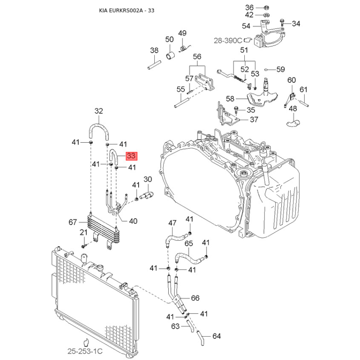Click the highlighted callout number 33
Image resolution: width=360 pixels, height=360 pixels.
coord(131,156)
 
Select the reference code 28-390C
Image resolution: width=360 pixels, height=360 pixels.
coord(228,40)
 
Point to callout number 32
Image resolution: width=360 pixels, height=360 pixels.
coord(99,111)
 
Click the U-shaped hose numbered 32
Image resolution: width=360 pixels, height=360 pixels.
coord(99,129)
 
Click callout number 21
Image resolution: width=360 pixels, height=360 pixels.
coord(83,232)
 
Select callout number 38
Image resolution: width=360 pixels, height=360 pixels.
coord(154,50)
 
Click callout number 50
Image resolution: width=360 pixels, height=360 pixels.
coord(169,40)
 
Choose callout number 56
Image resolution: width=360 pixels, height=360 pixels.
coord(197,57)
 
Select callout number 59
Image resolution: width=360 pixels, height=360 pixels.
coord(281,69)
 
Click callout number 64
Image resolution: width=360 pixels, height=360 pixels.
coord(216,336)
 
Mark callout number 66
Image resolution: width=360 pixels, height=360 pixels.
coord(195,298)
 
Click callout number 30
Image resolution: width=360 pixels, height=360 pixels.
coord(148,180)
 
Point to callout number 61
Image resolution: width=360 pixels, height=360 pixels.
coord(303,90)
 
